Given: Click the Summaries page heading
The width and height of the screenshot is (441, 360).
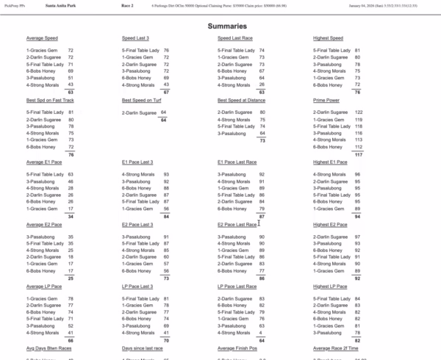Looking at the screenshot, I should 220,25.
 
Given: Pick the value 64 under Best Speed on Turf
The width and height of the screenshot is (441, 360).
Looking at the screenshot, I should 163,112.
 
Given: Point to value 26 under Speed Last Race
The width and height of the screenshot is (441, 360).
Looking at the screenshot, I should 262,84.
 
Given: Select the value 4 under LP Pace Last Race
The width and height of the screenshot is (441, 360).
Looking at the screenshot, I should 262,333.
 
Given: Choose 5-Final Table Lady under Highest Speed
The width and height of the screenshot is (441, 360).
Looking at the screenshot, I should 331,50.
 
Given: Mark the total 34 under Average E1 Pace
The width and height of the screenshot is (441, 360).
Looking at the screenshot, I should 70,217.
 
